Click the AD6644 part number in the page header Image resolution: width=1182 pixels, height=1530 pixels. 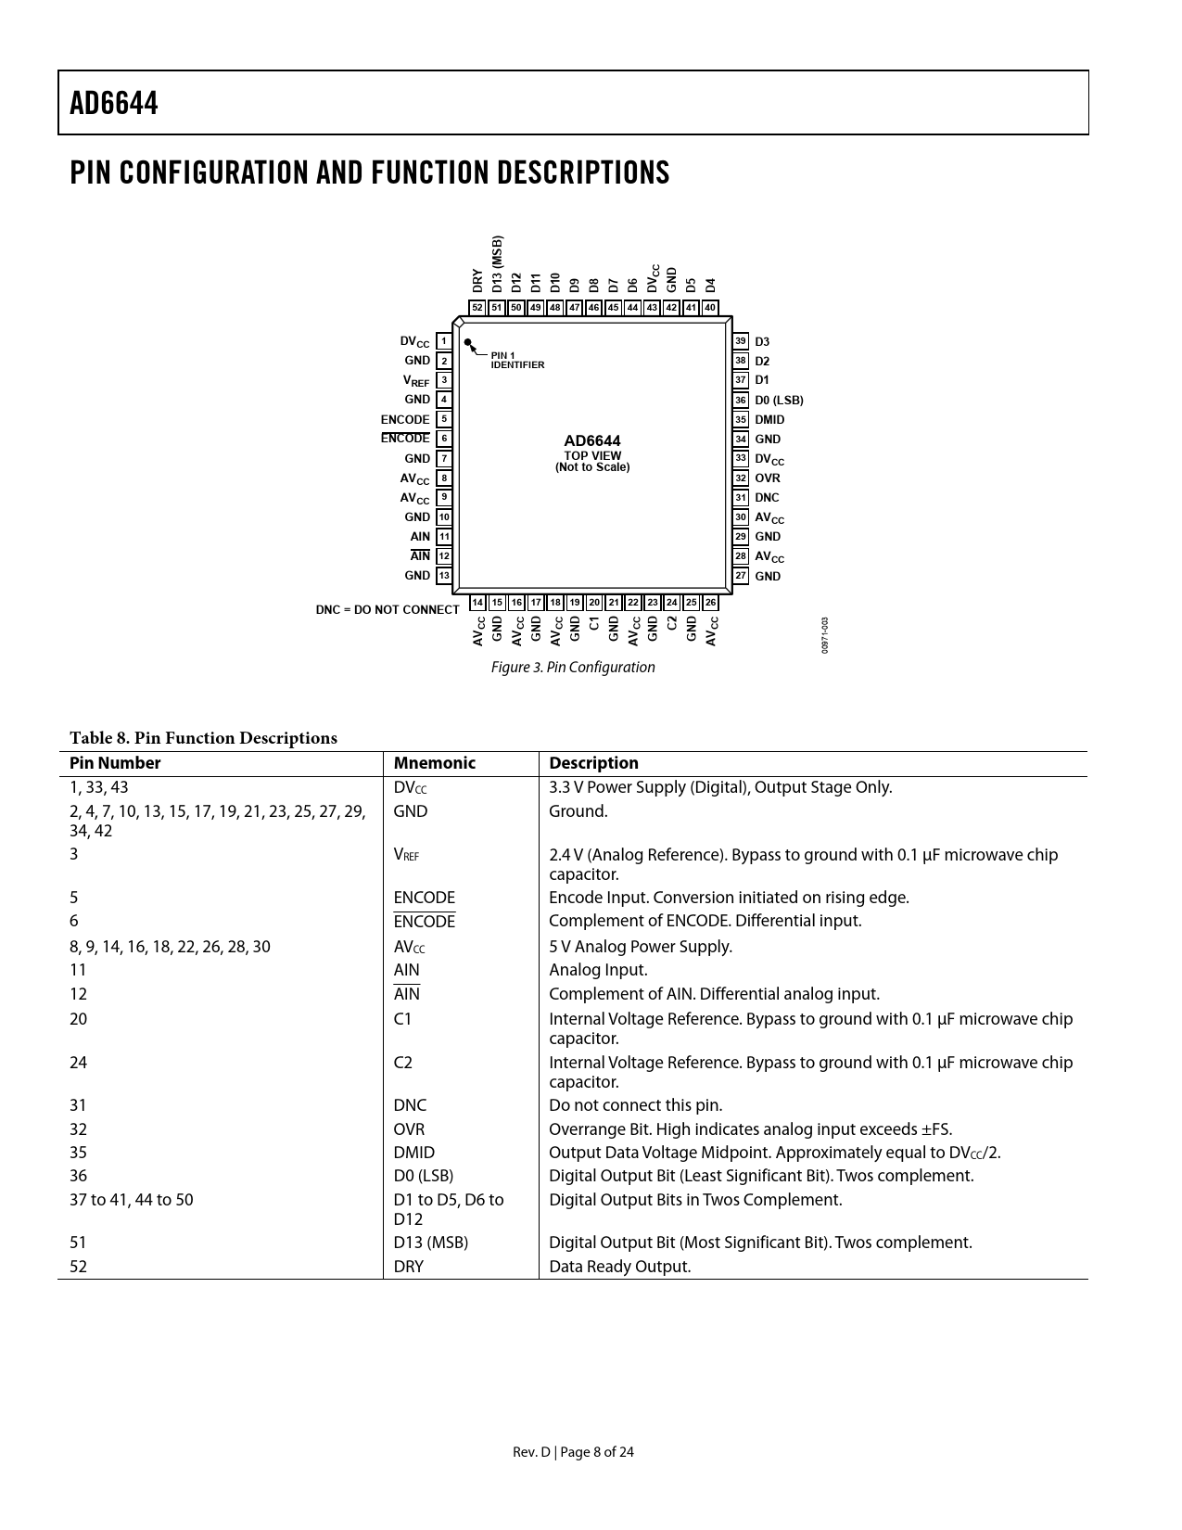pos(114,103)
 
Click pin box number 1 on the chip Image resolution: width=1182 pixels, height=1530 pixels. pos(444,341)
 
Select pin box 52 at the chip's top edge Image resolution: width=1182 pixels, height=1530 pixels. pos(477,308)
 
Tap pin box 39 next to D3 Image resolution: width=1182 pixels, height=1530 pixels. pos(741,341)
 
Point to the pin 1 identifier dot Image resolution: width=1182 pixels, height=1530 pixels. pos(468,342)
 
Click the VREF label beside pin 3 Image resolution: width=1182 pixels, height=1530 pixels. pos(416,381)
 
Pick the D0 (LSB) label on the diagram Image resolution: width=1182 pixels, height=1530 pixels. pos(779,401)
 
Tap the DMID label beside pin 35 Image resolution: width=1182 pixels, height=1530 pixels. pos(769,420)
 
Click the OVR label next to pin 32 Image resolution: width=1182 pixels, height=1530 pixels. pos(768,478)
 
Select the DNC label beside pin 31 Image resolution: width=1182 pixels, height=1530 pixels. pos(767,498)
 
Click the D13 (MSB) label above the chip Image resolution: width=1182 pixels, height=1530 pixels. pos(497,264)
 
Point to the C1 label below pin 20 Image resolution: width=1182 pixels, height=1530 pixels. pos(594,624)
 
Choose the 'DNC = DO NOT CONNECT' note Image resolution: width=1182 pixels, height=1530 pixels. pos(388,610)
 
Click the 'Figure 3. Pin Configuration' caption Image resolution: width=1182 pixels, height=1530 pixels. pos(573,668)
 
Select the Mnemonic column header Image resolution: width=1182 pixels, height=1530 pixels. pos(434,763)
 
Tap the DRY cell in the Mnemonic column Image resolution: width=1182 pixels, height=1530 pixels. pos(408,1267)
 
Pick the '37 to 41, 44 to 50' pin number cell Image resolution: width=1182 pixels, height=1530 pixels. pos(132,1200)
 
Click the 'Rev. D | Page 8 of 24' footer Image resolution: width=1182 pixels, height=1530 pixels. pos(574,1452)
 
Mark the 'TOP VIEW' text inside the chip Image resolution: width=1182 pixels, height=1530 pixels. pos(592,455)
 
